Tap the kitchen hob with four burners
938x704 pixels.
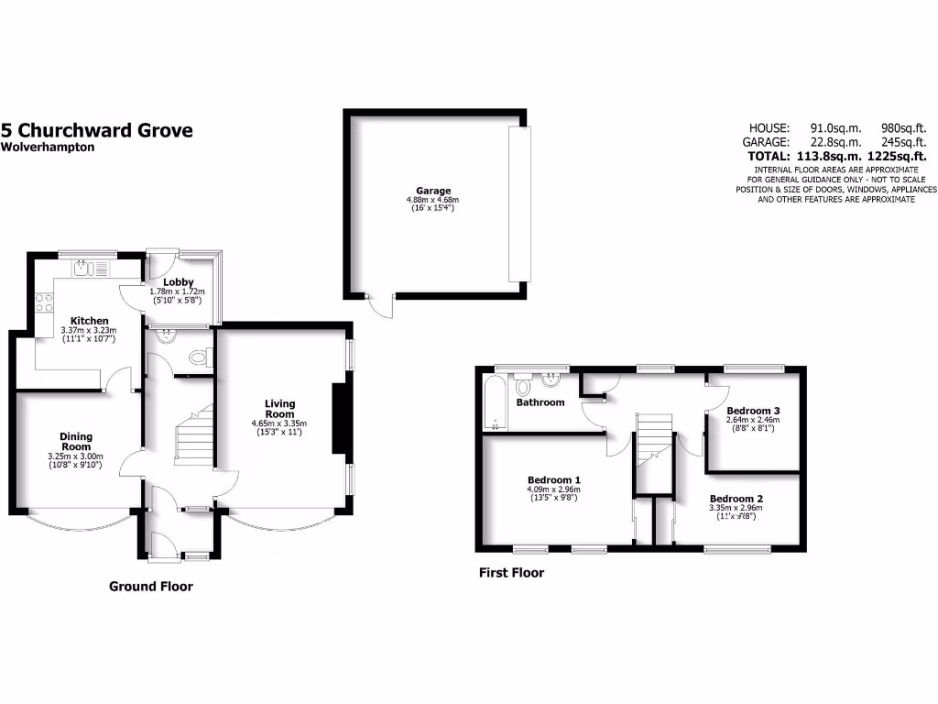point(44,302)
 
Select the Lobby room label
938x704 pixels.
point(177,282)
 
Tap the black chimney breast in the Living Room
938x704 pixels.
point(340,418)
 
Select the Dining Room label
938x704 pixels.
point(76,442)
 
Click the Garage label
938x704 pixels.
point(433,191)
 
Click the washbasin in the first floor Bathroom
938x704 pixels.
point(551,378)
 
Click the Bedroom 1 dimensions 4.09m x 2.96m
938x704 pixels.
point(553,489)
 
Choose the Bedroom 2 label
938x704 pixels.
point(736,498)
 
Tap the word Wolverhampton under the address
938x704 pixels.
point(47,147)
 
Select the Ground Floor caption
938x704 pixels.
point(151,587)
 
